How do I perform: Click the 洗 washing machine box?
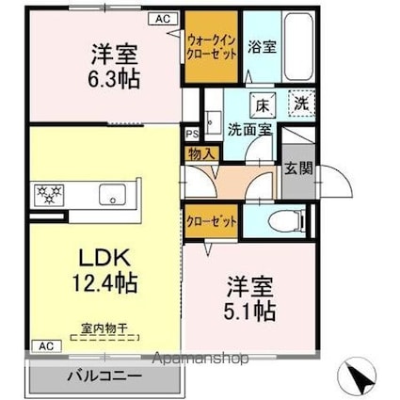pos(299,104)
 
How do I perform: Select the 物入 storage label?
pos(201,153)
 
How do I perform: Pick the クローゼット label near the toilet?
pos(209,219)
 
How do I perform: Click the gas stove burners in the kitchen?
pos(49,196)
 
